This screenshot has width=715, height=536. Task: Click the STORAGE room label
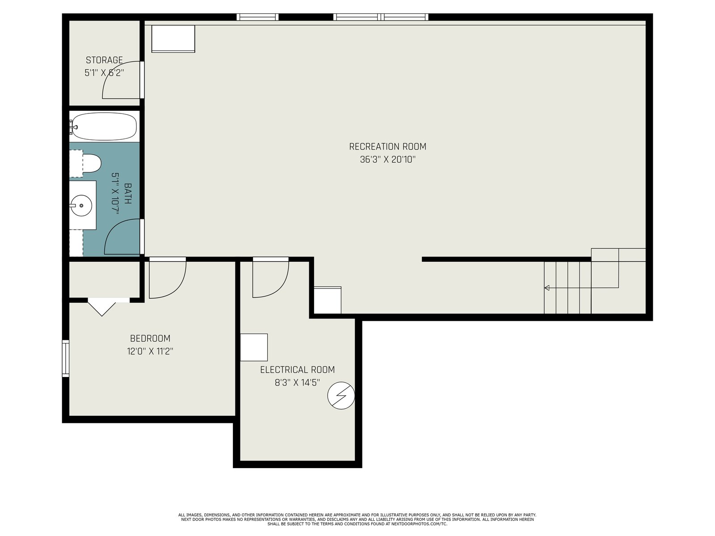(104, 60)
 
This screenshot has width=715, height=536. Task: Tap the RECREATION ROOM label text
(387, 147)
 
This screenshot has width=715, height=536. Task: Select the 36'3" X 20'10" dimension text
(387, 159)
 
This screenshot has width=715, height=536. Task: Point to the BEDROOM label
(150, 339)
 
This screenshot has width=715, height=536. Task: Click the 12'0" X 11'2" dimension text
(150, 352)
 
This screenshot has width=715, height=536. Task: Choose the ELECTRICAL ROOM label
(298, 370)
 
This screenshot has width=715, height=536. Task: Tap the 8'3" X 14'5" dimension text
(298, 383)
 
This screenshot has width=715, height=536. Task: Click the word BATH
(128, 193)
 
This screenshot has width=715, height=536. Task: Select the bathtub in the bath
(104, 126)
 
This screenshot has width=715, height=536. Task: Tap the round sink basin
(81, 205)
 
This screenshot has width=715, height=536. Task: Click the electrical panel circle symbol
(341, 395)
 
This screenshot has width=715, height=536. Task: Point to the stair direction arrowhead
(547, 288)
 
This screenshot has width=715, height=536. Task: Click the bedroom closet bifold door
(102, 307)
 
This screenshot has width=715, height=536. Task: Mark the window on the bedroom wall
(66, 358)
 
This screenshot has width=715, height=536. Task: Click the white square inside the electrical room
(254, 347)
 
